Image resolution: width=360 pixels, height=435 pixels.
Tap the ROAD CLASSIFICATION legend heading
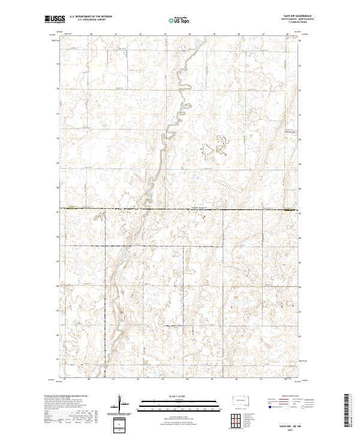point(290,397)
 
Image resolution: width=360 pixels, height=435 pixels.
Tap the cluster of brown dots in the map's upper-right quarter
point(219,146)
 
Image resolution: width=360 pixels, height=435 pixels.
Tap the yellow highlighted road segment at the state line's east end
point(290,211)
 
